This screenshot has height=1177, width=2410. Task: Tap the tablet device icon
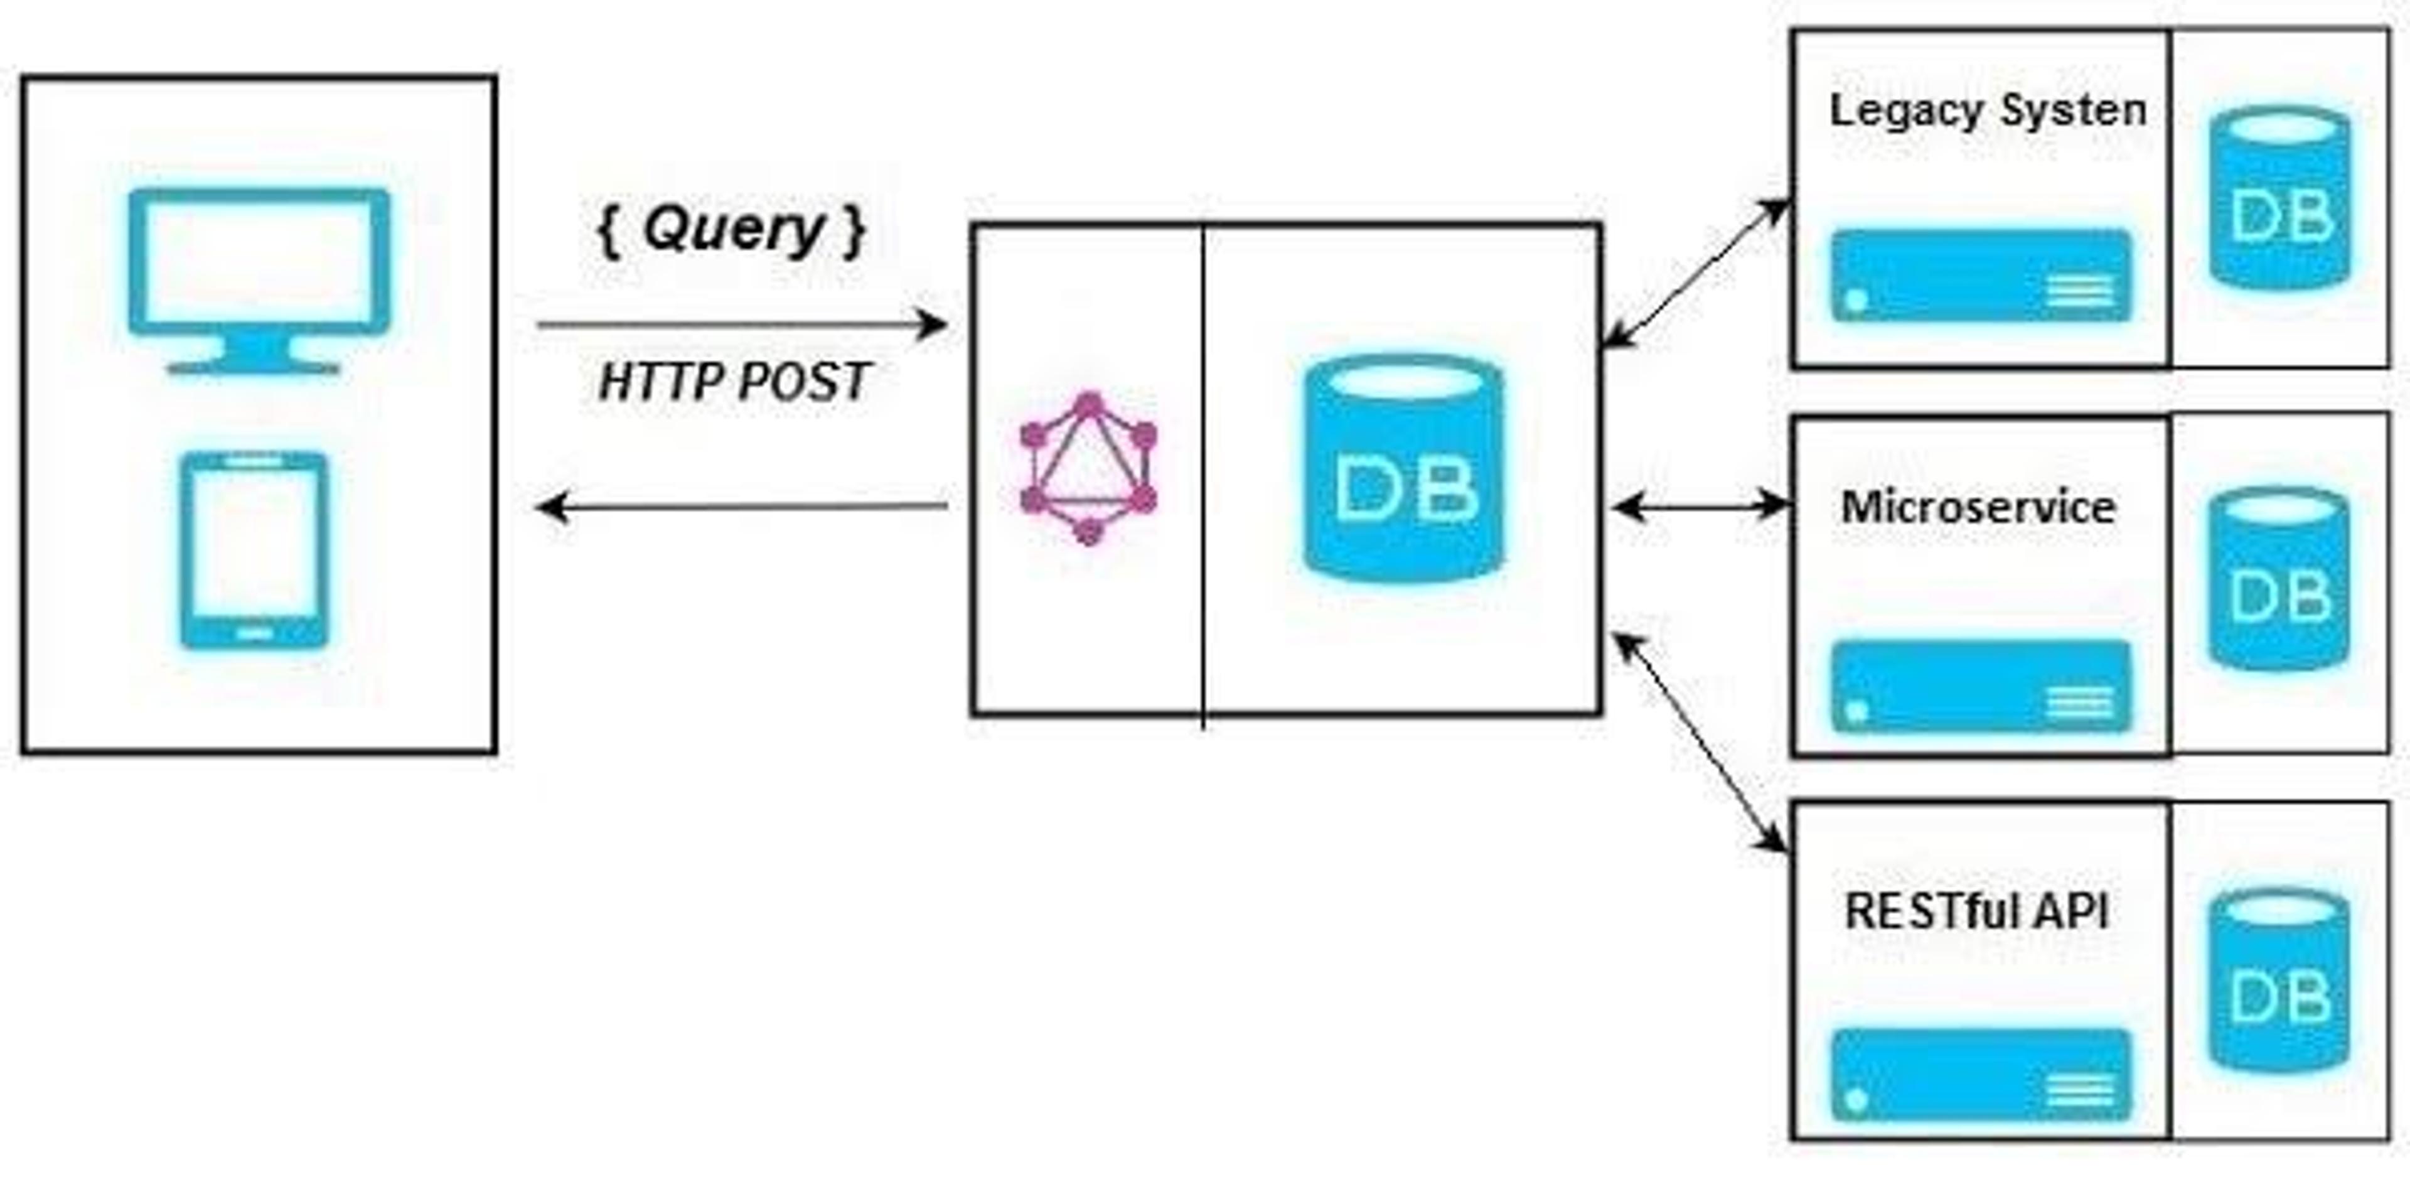254,550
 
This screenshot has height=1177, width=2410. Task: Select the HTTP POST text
734,382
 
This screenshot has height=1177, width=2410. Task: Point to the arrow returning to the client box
741,507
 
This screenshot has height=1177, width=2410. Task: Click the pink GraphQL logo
1088,468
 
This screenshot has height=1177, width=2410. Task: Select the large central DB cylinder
1405,468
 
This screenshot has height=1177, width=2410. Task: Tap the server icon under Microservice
1981,687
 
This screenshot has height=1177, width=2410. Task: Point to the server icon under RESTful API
1981,1075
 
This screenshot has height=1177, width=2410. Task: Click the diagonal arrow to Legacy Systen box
1695,273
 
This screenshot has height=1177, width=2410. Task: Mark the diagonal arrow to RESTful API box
1701,743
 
